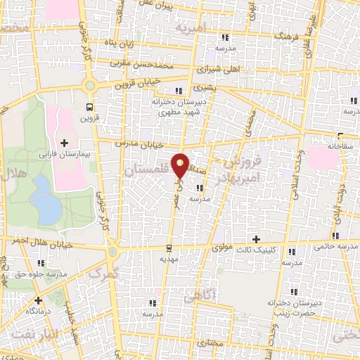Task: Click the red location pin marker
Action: pyautogui.click(x=181, y=165)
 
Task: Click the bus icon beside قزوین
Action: pyautogui.click(x=89, y=108)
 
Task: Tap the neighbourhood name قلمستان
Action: pyautogui.click(x=143, y=171)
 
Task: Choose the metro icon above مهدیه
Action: pyautogui.click(x=169, y=247)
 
